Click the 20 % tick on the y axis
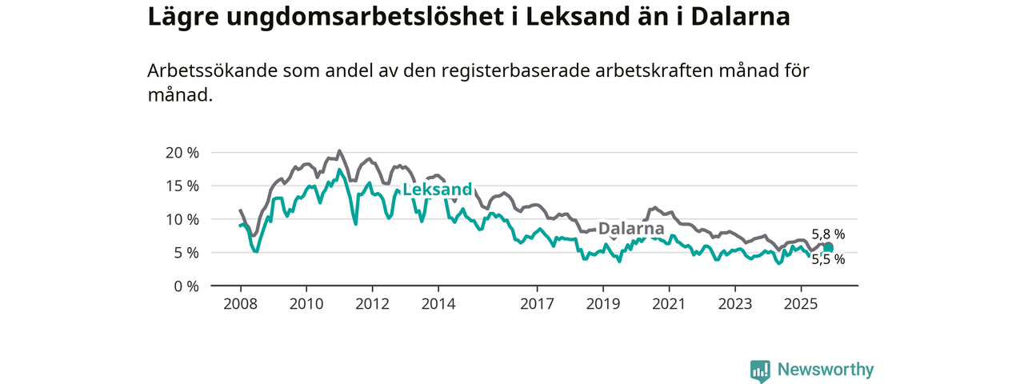pos(182,153)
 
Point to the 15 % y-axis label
pos(182,186)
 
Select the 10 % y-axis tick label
pos(182,219)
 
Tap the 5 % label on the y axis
pos(186,253)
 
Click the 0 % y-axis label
pos(186,286)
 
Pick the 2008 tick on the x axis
pos(240,304)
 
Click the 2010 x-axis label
pos(306,304)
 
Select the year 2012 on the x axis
pos(372,304)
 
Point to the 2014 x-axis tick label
pos(438,304)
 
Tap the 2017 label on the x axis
pos(537,304)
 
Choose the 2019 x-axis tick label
pos(602,304)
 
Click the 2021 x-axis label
pos(669,304)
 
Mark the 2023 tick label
pos(735,304)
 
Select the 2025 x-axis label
pos(801,304)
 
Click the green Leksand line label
pos(437,190)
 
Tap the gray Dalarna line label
pos(631,227)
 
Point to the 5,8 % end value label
pos(828,234)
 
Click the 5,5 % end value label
pos(828,259)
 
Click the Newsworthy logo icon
pos(760,370)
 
